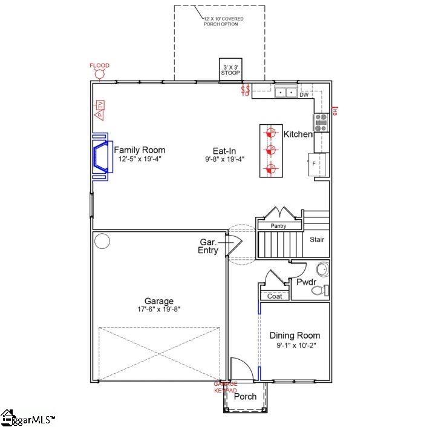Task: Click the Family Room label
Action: [139, 150]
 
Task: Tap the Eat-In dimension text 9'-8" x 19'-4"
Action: [224, 159]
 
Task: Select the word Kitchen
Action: [298, 134]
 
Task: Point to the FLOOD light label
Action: [99, 65]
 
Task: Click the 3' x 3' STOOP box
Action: [230, 69]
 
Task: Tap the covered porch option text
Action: [224, 22]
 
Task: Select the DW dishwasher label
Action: [304, 94]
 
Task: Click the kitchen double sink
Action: [285, 93]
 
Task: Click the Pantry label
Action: [278, 226]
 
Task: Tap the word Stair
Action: [317, 239]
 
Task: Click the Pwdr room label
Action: [304, 282]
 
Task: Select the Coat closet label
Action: [274, 296]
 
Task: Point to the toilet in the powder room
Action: [320, 291]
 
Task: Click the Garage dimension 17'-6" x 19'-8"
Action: [158, 309]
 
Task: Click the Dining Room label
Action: [295, 336]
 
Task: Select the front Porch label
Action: [245, 397]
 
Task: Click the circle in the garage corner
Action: [102, 241]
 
